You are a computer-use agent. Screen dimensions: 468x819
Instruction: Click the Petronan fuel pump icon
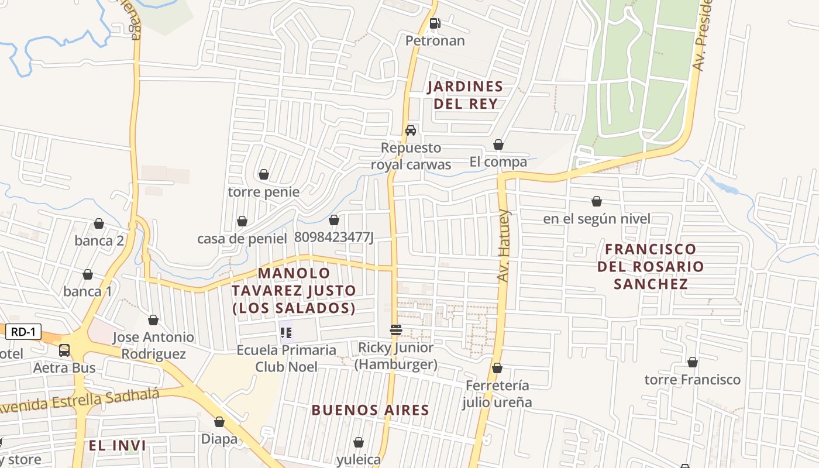[x=435, y=23]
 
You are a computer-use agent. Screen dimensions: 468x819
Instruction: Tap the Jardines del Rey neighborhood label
[x=465, y=95]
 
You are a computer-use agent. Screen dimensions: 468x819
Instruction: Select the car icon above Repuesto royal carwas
[x=411, y=130]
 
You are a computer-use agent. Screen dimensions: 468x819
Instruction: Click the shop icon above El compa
[x=498, y=144]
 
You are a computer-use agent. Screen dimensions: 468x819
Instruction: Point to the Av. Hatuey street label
[x=504, y=246]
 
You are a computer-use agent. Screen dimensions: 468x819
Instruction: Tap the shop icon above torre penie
[x=264, y=174]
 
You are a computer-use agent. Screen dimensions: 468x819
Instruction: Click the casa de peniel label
[x=242, y=239]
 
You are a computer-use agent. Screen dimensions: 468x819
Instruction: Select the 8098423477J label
[x=333, y=237]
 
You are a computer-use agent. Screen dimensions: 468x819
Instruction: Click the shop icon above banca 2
[x=99, y=223]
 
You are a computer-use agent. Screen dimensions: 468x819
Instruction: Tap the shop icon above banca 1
[x=88, y=274]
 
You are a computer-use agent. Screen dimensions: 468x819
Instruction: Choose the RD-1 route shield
[x=24, y=332]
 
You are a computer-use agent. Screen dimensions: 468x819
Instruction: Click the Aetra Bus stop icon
[x=64, y=350]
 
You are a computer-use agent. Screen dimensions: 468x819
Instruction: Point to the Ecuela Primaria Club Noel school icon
[x=286, y=333]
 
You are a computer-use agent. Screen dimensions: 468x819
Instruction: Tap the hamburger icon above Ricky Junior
[x=396, y=330]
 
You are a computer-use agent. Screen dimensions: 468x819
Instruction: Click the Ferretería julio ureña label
[x=497, y=394]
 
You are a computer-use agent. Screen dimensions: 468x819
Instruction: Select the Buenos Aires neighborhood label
[x=370, y=410]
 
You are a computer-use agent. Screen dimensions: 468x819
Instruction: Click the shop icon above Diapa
[x=219, y=422]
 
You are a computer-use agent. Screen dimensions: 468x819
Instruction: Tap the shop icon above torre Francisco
[x=693, y=362]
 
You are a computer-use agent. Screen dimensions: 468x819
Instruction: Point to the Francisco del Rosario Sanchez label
[x=651, y=266]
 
